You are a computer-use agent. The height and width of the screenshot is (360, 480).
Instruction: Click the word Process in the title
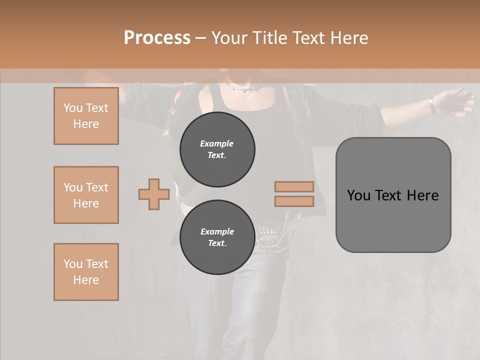[x=157, y=38]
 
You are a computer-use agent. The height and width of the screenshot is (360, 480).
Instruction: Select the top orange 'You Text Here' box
[x=86, y=116]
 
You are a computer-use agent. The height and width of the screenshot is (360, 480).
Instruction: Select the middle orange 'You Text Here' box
[x=86, y=195]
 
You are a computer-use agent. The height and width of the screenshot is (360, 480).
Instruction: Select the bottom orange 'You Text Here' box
[x=86, y=272]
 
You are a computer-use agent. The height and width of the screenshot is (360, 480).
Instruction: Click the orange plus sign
[x=154, y=194]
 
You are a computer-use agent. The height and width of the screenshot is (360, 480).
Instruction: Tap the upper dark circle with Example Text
[x=217, y=149]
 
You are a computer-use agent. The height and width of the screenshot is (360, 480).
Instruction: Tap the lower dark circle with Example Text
[x=217, y=237]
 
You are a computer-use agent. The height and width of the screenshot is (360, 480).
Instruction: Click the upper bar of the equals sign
[x=294, y=186]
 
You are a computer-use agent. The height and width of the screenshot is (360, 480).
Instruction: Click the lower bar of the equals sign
[x=294, y=201]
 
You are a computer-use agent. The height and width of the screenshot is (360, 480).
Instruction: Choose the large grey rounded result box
[x=393, y=194]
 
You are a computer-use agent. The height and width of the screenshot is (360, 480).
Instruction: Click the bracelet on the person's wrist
[x=431, y=105]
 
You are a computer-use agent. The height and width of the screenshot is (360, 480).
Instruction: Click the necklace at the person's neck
[x=243, y=89]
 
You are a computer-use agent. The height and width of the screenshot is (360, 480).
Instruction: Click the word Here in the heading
[x=348, y=38]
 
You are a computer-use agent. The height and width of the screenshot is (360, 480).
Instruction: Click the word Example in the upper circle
[x=217, y=143]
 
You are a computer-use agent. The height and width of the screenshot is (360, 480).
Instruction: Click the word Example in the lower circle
[x=217, y=231]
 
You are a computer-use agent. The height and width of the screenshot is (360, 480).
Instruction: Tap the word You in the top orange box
[x=72, y=108]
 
